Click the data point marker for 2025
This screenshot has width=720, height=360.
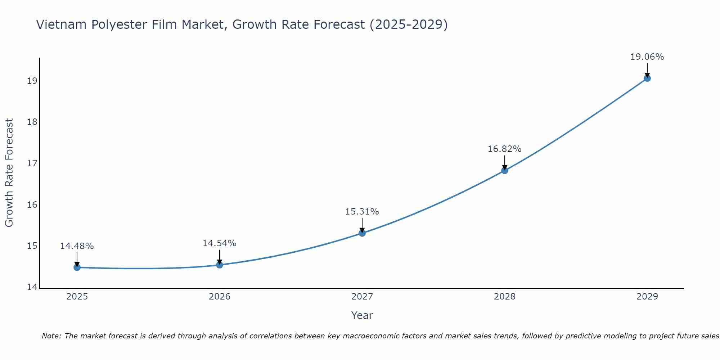coord(77,267)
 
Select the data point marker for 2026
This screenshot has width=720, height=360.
coord(220,265)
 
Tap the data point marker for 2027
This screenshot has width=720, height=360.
coord(362,233)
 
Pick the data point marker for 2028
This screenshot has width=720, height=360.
coord(505,170)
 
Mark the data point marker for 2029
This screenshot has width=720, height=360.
coord(647,78)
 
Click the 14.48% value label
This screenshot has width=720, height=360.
coord(77,246)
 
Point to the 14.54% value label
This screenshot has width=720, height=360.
coord(220,243)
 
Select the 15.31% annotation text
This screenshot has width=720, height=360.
coord(362,212)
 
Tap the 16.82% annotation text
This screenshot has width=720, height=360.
coord(505,149)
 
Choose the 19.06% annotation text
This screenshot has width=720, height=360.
coord(647,57)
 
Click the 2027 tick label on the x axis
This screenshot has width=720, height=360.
coord(362,297)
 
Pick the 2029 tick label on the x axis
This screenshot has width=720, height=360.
coord(647,297)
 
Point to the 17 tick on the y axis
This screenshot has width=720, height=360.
coord(32,163)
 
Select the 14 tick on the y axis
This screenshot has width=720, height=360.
coord(32,287)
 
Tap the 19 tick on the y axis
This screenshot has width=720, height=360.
coord(32,81)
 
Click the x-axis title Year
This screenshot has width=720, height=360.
coord(362,315)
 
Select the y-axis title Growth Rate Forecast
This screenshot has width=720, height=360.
coord(9,173)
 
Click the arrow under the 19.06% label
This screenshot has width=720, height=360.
coord(647,70)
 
